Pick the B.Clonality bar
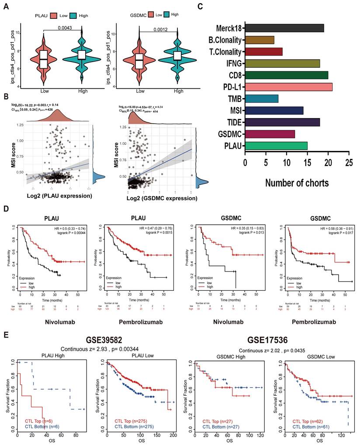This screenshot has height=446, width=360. pyautogui.click(x=260, y=40)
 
